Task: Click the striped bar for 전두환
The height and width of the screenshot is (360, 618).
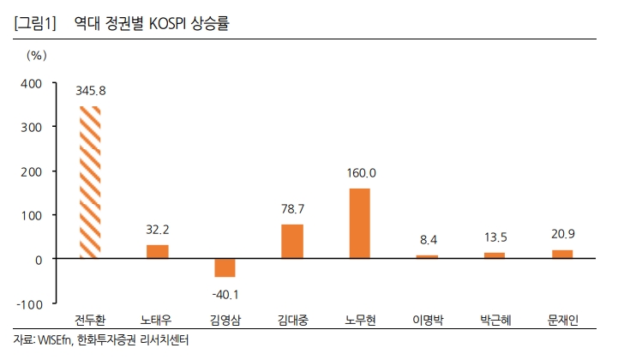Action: coord(90,182)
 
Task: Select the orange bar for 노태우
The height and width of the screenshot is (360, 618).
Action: coord(158,251)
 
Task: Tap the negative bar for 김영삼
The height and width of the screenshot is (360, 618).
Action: coord(225,267)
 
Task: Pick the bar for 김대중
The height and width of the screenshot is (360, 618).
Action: coord(292,241)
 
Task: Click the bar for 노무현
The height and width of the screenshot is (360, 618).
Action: coord(359,223)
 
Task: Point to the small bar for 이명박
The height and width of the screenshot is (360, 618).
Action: coord(427,256)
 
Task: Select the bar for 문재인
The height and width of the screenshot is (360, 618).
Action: coord(561,254)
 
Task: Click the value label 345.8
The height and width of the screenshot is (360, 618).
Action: coord(90,90)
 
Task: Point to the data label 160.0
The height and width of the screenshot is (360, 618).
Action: coord(360,172)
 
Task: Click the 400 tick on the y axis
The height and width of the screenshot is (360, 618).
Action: coord(31,83)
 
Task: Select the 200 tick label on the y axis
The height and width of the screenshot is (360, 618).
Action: coord(31,171)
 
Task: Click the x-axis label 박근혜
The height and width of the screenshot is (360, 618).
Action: coord(495,321)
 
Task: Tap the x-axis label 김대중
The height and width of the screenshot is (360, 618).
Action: coord(292,321)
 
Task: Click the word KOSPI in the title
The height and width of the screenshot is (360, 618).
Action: coord(172,24)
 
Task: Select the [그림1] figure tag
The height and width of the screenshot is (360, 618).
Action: coord(35,24)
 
